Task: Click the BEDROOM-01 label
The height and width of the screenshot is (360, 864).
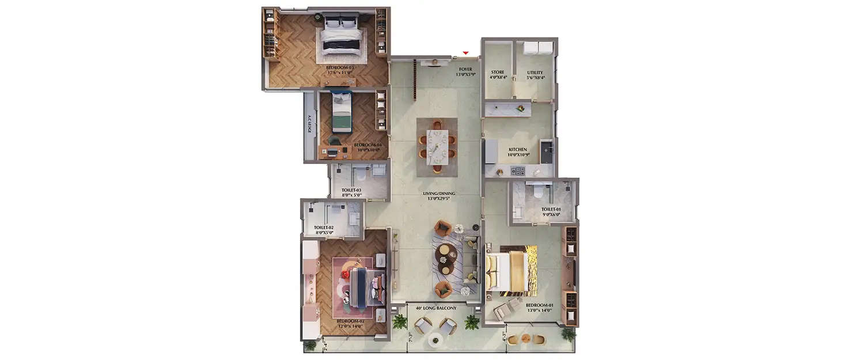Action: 539,308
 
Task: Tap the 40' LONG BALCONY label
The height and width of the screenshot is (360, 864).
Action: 437,308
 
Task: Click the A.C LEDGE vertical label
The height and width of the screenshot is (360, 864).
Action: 310,124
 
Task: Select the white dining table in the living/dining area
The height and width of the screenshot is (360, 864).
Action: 437,146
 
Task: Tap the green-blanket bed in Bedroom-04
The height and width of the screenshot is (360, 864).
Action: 342,112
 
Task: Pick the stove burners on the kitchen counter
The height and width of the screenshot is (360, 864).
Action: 518,171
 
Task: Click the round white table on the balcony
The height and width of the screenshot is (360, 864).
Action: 435,340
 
